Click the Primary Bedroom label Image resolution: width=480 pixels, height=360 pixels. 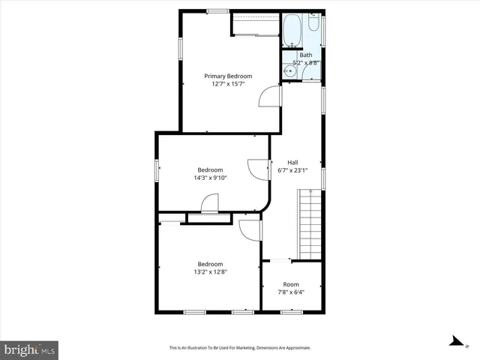tap(229, 76)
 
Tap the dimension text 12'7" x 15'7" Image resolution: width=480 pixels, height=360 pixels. tap(229, 84)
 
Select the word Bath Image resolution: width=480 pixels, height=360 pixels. tap(306, 55)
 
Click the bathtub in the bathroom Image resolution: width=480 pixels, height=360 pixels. tap(292, 31)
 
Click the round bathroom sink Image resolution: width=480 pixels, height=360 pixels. tap(289, 71)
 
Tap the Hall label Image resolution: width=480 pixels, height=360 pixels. tap(293, 161)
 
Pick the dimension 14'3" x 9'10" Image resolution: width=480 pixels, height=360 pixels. tap(210, 178)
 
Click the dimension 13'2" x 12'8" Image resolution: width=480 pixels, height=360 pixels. tap(210, 271)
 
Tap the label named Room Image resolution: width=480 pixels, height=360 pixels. tap(291, 284)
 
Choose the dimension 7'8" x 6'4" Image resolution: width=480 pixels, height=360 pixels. tap(291, 292)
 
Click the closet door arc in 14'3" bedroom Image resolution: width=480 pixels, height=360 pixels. tap(209, 203)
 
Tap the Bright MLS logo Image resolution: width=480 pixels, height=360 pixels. tap(30, 349)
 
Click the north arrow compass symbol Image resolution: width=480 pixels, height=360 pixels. tap(454, 342)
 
